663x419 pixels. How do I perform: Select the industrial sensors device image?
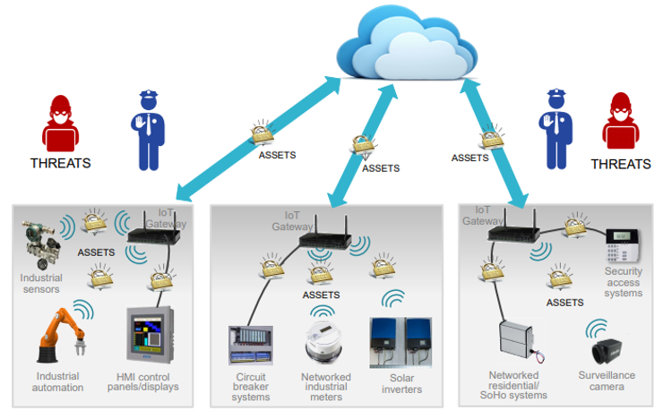tap(40, 244)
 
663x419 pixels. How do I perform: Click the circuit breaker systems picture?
tap(251, 345)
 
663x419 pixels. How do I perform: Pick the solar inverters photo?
tap(400, 343)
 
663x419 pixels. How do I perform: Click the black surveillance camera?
tap(607, 351)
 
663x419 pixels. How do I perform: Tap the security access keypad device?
tap(623, 245)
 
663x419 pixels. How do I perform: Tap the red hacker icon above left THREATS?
tap(60, 124)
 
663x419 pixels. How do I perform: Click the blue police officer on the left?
tap(148, 131)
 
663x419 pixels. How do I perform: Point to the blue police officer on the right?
tap(555, 129)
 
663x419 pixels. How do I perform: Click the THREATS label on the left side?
tap(60, 163)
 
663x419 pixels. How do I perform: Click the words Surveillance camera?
tap(607, 381)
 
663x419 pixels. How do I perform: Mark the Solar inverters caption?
tap(401, 383)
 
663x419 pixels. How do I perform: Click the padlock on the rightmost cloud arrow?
tap(493, 137)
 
